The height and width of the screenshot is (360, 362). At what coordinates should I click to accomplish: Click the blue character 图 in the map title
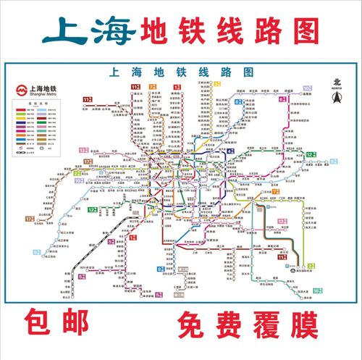[248, 72]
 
